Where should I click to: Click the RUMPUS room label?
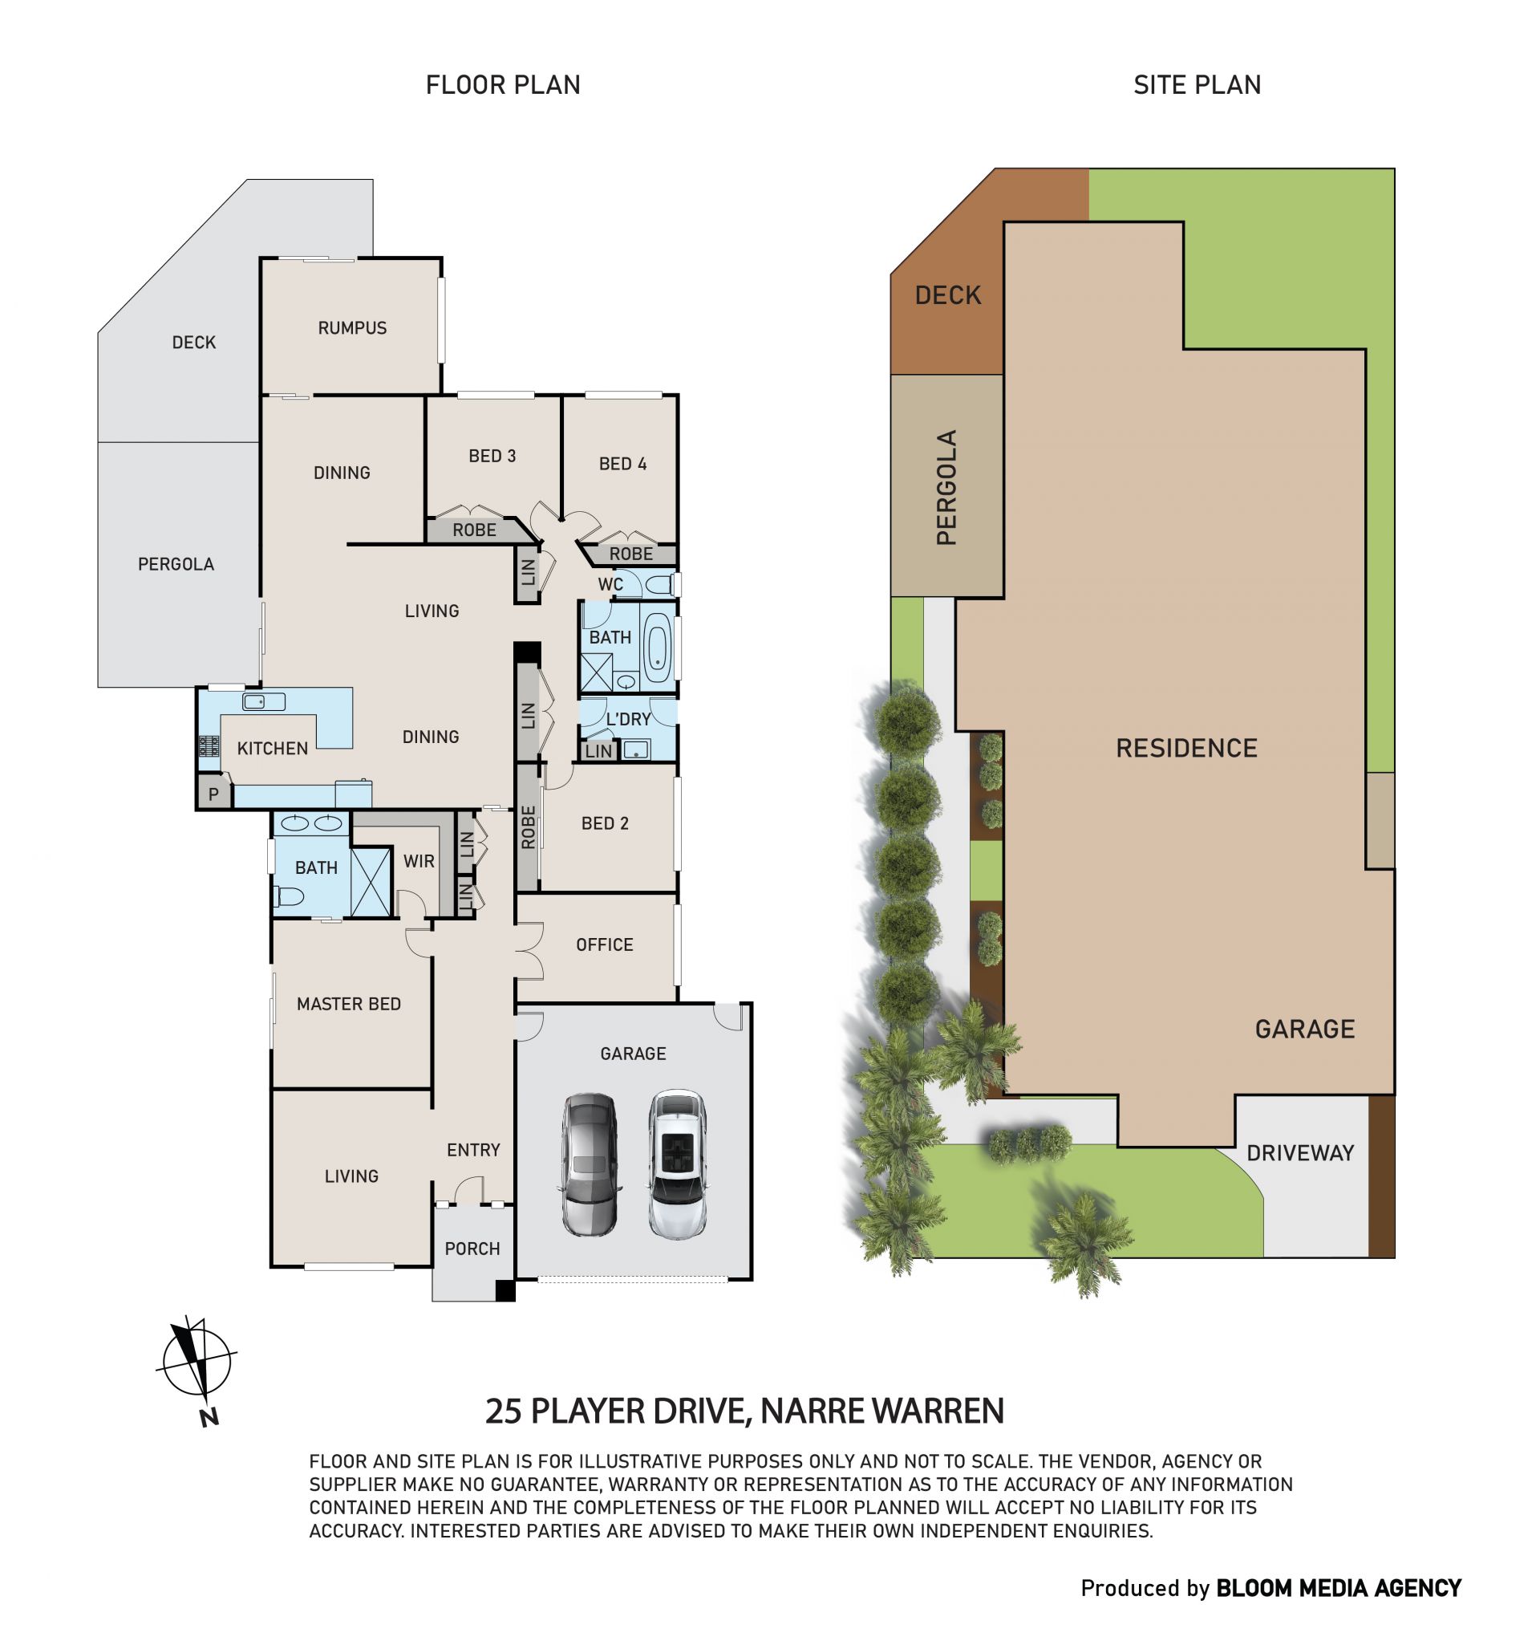[x=351, y=327]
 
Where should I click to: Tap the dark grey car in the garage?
[x=590, y=1164]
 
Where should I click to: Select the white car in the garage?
[x=677, y=1164]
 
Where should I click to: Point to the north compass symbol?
[x=196, y=1370]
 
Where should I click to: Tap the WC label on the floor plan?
[x=610, y=584]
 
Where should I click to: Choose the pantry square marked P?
[x=213, y=794]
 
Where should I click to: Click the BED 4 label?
[x=622, y=464]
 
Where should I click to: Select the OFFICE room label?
[x=604, y=944]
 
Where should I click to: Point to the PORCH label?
[x=472, y=1249]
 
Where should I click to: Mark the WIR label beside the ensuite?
[x=418, y=861]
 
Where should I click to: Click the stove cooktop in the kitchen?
[x=209, y=745]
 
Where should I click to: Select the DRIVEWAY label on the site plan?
[x=1299, y=1153]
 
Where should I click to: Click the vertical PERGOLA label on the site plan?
[x=946, y=487]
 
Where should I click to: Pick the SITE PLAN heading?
[x=1197, y=84]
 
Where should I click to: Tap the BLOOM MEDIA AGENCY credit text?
[x=1338, y=1589]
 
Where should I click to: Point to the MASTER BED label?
[x=348, y=1004]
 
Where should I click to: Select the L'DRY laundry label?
[x=628, y=719]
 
